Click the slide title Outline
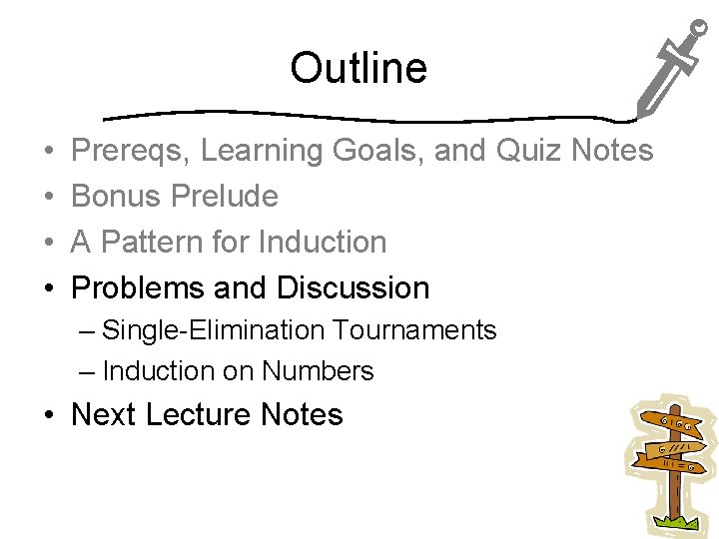coord(359,69)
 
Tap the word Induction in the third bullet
coord(323,242)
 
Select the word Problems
coord(138,287)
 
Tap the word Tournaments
coord(414,330)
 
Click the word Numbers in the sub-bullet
coord(318,371)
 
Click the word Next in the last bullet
coord(104,414)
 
